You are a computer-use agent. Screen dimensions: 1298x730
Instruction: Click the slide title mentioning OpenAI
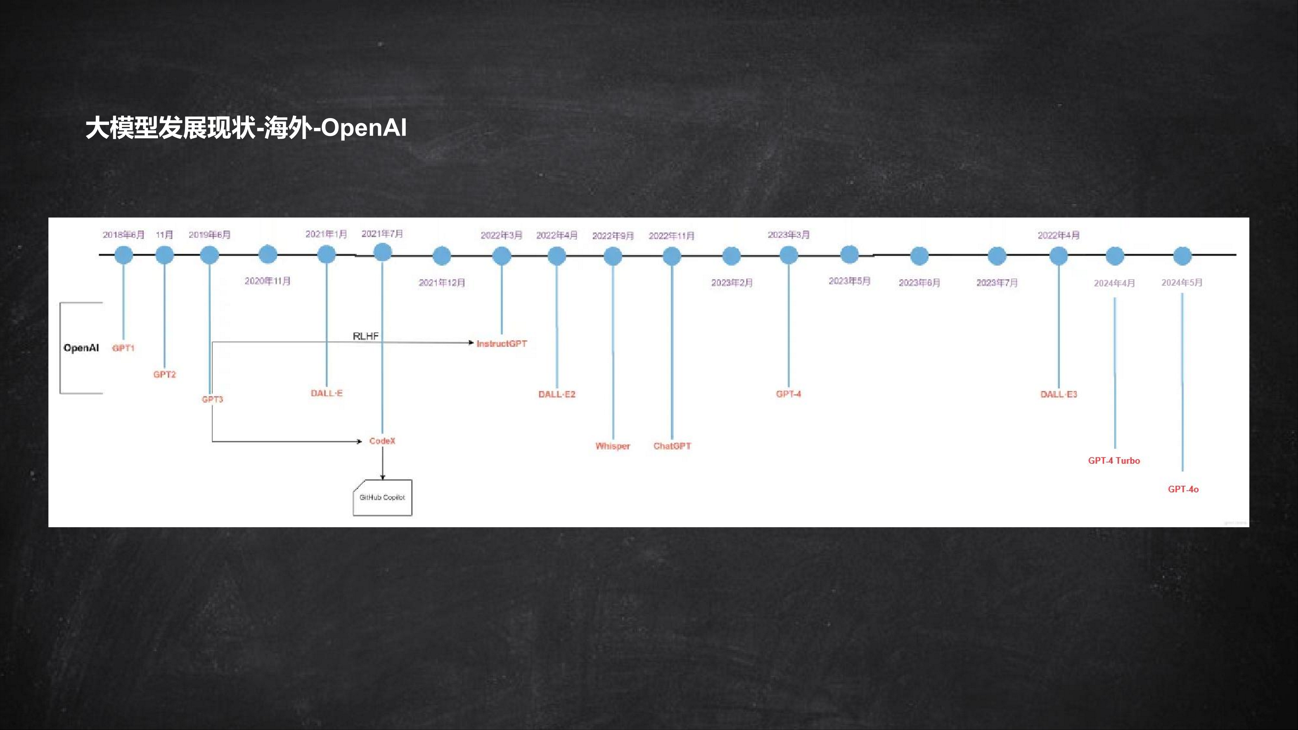coord(246,128)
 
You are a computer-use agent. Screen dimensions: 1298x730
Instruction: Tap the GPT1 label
coord(123,348)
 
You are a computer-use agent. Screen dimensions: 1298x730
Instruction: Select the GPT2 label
coord(165,374)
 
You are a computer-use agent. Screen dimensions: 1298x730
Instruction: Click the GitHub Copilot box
coord(383,498)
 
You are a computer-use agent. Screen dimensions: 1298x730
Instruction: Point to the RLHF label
coord(366,336)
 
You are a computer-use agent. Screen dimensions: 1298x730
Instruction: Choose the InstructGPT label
coord(502,344)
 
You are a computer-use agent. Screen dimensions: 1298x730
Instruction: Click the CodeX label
coord(383,441)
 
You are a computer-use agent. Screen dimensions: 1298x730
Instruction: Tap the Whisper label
coord(613,446)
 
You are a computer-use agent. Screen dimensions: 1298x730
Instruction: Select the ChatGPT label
coord(672,446)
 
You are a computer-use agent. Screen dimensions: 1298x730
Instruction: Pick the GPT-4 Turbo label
coord(1114,460)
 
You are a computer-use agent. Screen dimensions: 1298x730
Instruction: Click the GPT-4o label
coord(1183,489)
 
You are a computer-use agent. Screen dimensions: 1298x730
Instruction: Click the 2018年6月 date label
coord(123,235)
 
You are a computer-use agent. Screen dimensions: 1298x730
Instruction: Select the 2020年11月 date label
coord(268,281)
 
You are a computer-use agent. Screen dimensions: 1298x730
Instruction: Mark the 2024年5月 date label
coord(1182,283)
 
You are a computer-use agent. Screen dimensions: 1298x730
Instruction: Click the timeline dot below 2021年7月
coord(383,252)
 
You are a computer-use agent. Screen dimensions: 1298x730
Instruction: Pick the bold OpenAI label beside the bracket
coord(81,347)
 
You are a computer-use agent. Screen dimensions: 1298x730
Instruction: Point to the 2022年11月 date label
coord(672,236)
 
